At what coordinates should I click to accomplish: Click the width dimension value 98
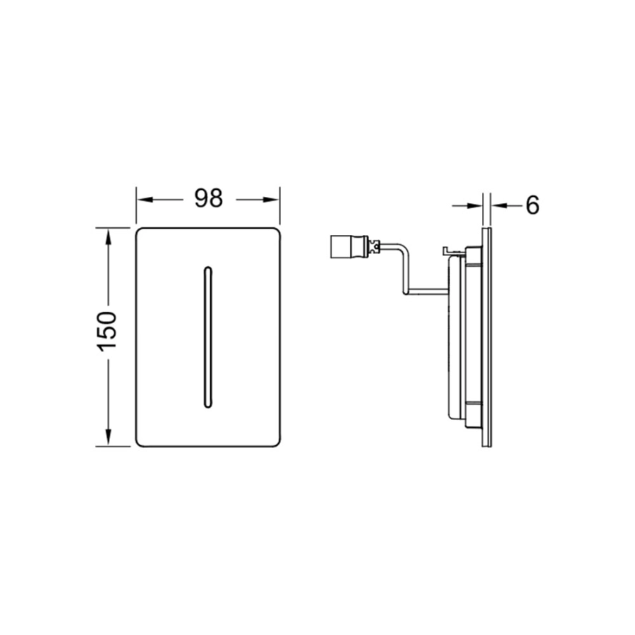pos(209,199)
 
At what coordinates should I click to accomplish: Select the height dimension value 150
pos(107,332)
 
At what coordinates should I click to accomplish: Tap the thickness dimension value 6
pos(533,205)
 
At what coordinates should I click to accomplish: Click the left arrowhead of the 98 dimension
pos(145,199)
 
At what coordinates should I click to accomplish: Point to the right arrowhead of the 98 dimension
pos(272,199)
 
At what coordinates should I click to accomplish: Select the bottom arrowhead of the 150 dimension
pos(108,437)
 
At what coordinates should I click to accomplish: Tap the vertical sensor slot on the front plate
pos(207,337)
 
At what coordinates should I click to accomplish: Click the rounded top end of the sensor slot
pos(207,267)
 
